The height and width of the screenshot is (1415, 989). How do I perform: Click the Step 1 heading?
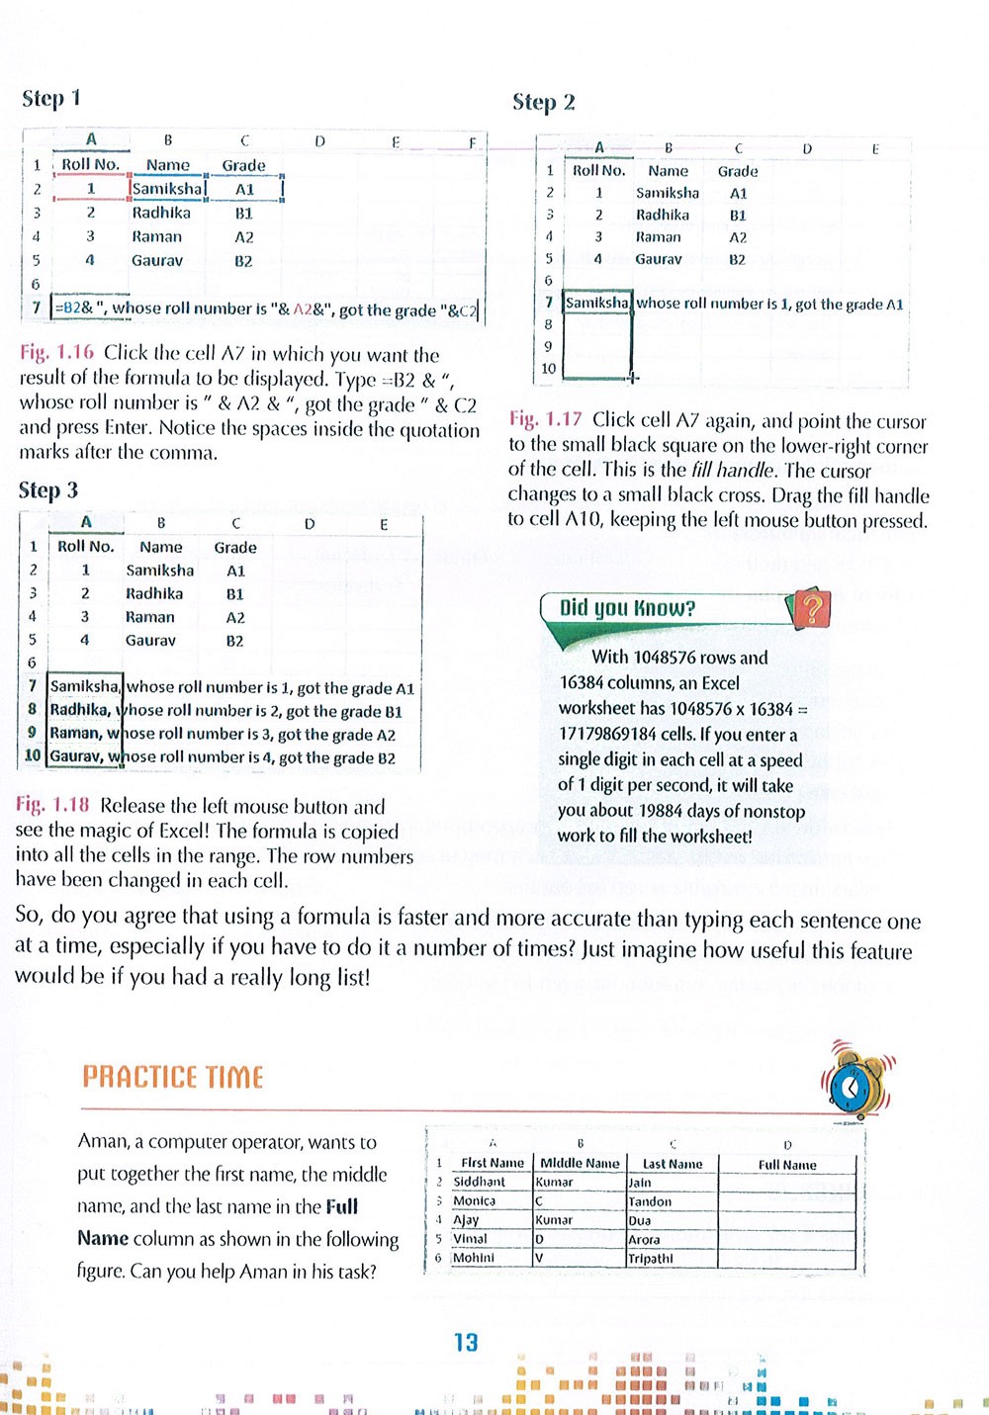tap(51, 98)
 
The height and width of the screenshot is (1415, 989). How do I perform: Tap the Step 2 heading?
tap(543, 102)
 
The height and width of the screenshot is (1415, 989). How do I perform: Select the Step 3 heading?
tap(47, 490)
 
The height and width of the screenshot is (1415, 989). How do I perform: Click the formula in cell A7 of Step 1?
tap(265, 309)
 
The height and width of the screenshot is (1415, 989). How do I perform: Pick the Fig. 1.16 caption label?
tap(56, 353)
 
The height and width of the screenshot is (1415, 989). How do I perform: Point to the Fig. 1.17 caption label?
tap(545, 419)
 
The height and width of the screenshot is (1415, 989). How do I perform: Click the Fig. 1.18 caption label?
tap(52, 806)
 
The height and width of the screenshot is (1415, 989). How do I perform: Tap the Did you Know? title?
tap(627, 608)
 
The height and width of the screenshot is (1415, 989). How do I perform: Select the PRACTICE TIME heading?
tap(173, 1077)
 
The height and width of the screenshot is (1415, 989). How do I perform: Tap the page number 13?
tap(466, 1342)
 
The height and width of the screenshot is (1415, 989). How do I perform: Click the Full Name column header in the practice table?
tap(787, 1165)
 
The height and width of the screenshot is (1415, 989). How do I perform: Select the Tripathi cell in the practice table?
tap(650, 1259)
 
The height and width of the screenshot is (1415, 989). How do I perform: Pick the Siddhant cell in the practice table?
tap(479, 1182)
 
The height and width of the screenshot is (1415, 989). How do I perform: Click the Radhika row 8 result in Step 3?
tap(226, 711)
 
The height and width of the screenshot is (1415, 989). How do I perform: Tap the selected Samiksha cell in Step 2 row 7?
tap(597, 304)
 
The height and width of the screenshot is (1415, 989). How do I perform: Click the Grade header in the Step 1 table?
tap(243, 165)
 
